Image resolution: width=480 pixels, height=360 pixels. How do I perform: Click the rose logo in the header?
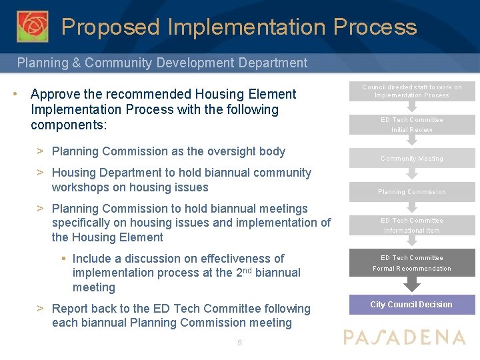point(32,26)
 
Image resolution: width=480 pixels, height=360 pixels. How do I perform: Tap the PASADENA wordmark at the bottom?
point(405,337)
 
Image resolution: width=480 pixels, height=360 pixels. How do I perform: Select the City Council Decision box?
point(411,305)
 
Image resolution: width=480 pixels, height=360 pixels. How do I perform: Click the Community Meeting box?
point(411,158)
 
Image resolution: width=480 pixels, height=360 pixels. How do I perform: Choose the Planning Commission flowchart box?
point(411,191)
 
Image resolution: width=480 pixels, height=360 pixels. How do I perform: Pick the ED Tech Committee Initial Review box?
point(411,125)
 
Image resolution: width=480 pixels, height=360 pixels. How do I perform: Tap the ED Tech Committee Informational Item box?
point(411,225)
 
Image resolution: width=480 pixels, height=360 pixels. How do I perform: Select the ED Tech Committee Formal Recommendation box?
point(411,263)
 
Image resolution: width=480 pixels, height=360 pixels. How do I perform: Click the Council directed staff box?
point(411,91)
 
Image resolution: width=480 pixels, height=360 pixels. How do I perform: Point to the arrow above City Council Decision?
point(412,285)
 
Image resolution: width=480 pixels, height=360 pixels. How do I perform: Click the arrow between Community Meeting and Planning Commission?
point(412,174)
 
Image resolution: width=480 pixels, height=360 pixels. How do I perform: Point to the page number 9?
point(239,343)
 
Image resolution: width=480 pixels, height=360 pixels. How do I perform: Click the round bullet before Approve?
point(15,94)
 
